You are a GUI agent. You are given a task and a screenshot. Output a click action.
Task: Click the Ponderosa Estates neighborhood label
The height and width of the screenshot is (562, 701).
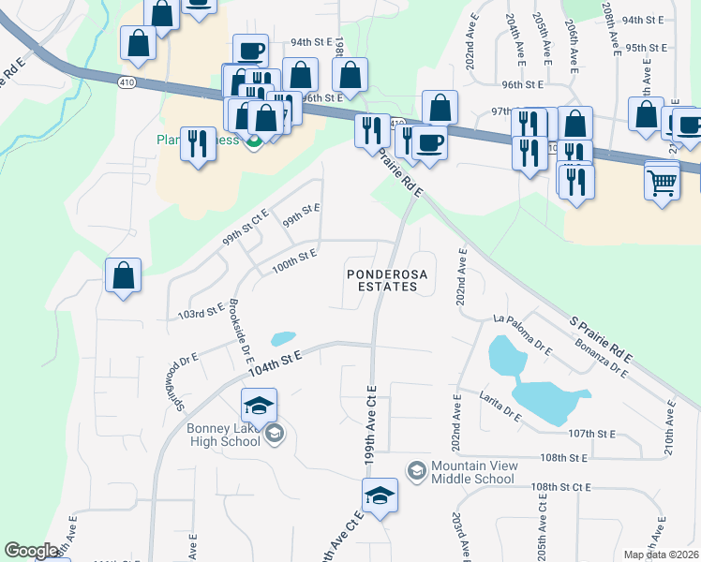click(x=380, y=281)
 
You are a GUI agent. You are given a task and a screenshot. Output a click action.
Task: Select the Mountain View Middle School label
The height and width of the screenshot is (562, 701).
click(x=472, y=473)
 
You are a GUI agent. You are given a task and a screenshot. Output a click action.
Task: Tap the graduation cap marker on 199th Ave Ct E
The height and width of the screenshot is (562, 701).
click(x=380, y=494)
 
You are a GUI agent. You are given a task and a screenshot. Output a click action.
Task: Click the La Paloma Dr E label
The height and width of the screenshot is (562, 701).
click(x=523, y=333)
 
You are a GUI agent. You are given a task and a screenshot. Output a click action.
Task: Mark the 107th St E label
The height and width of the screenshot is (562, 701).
click(x=591, y=434)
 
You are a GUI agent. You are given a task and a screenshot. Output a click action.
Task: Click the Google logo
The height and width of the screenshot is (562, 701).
click(x=31, y=551)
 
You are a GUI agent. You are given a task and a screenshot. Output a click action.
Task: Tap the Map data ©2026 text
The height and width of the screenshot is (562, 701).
click(x=661, y=555)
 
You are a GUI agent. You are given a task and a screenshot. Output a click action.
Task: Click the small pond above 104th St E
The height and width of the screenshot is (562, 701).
click(x=282, y=338)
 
